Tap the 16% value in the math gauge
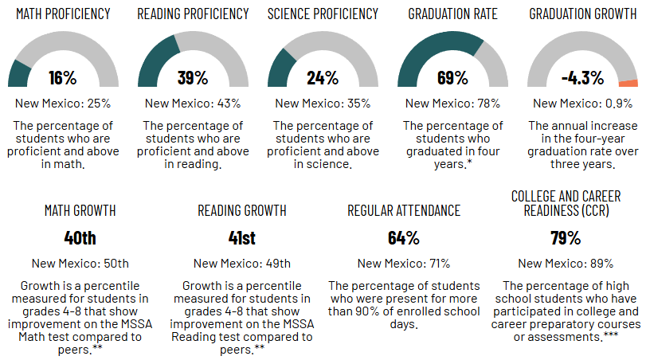tap(62, 78)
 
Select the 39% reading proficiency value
tap(193, 78)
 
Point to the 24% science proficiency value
tap(323, 78)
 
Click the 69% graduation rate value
tap(452, 78)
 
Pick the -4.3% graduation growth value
tap(582, 78)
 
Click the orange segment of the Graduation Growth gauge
tap(628, 83)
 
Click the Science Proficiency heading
tap(323, 14)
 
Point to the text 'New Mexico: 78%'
tap(452, 103)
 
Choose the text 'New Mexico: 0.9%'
tap(582, 103)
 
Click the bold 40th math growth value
tap(80, 237)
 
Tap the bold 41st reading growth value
tap(242, 237)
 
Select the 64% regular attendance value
tap(404, 237)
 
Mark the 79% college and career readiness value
tap(566, 237)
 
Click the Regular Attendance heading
tap(404, 210)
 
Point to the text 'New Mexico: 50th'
tap(80, 264)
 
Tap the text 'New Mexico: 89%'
tap(566, 264)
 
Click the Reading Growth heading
tap(242, 210)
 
